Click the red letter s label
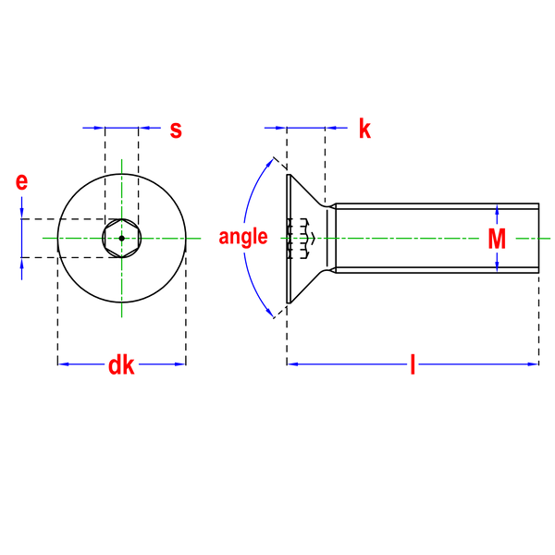click(x=176, y=130)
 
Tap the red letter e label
click(x=21, y=181)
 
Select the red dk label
click(x=121, y=365)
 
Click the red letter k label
click(x=365, y=129)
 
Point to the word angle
click(x=243, y=237)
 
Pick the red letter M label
click(x=497, y=239)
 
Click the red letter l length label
click(x=413, y=364)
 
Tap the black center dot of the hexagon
click(x=122, y=239)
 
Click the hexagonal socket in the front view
click(x=122, y=239)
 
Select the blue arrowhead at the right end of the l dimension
click(x=533, y=364)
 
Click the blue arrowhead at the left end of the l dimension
click(x=292, y=364)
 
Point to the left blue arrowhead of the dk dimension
click(x=63, y=364)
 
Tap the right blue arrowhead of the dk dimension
click(x=180, y=364)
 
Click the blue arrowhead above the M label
click(x=497, y=210)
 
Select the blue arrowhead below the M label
click(x=497, y=266)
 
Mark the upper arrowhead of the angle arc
click(x=270, y=163)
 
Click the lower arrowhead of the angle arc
click(x=270, y=313)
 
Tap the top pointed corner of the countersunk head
click(x=288, y=175)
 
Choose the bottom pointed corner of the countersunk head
click(x=288, y=302)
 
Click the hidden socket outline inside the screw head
click(x=302, y=239)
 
